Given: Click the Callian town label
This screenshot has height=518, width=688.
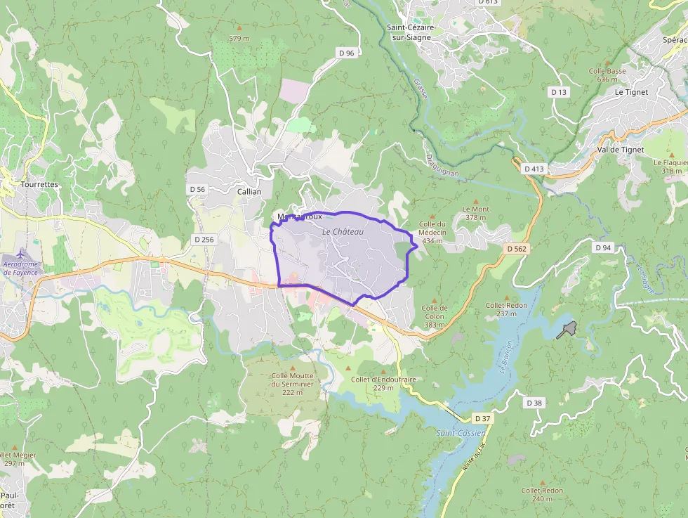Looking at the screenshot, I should click(x=249, y=191).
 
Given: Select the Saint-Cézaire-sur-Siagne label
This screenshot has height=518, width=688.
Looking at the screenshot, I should click(x=411, y=32).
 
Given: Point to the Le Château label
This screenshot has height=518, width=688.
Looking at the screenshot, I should click(x=344, y=231).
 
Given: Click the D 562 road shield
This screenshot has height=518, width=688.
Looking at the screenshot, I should click(x=517, y=249).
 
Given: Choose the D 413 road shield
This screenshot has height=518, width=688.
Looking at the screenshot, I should click(x=534, y=169).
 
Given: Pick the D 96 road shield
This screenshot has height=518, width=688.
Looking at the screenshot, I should click(x=346, y=53).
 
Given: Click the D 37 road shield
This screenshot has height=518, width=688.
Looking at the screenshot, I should click(x=482, y=418).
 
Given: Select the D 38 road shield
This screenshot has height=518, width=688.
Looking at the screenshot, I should click(x=534, y=403).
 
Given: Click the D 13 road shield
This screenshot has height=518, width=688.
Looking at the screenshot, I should click(x=559, y=92).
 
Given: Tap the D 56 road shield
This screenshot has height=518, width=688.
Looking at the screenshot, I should click(x=197, y=189).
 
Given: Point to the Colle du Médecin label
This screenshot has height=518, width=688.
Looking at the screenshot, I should click(x=432, y=232).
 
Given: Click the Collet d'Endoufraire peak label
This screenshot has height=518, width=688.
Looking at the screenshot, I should click(x=383, y=383).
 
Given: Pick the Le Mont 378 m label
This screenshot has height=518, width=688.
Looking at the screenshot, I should click(x=475, y=213).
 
